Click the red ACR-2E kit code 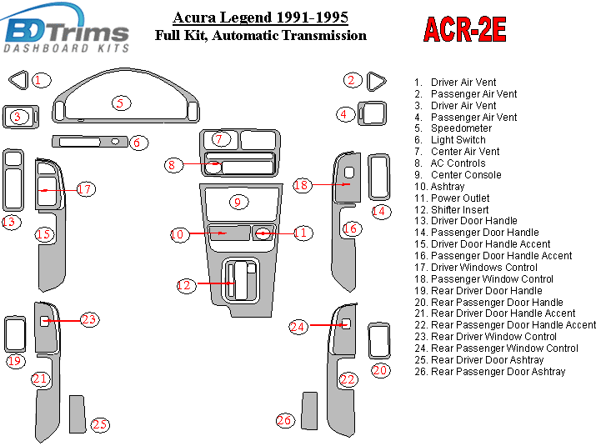(x=464, y=29)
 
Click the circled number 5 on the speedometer (x=121, y=103)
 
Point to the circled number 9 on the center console (x=237, y=202)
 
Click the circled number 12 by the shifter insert (x=184, y=286)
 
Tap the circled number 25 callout (x=100, y=425)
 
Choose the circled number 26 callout (x=285, y=421)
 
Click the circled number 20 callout (x=380, y=370)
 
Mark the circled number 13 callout (x=11, y=223)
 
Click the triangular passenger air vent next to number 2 (x=376, y=81)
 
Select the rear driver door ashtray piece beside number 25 (x=77, y=414)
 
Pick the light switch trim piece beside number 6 (x=91, y=142)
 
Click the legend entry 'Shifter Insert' (x=460, y=210)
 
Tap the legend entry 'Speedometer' (x=461, y=129)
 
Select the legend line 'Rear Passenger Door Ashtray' (x=498, y=372)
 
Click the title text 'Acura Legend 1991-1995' (x=260, y=18)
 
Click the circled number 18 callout (x=301, y=185)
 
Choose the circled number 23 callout (x=89, y=319)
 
